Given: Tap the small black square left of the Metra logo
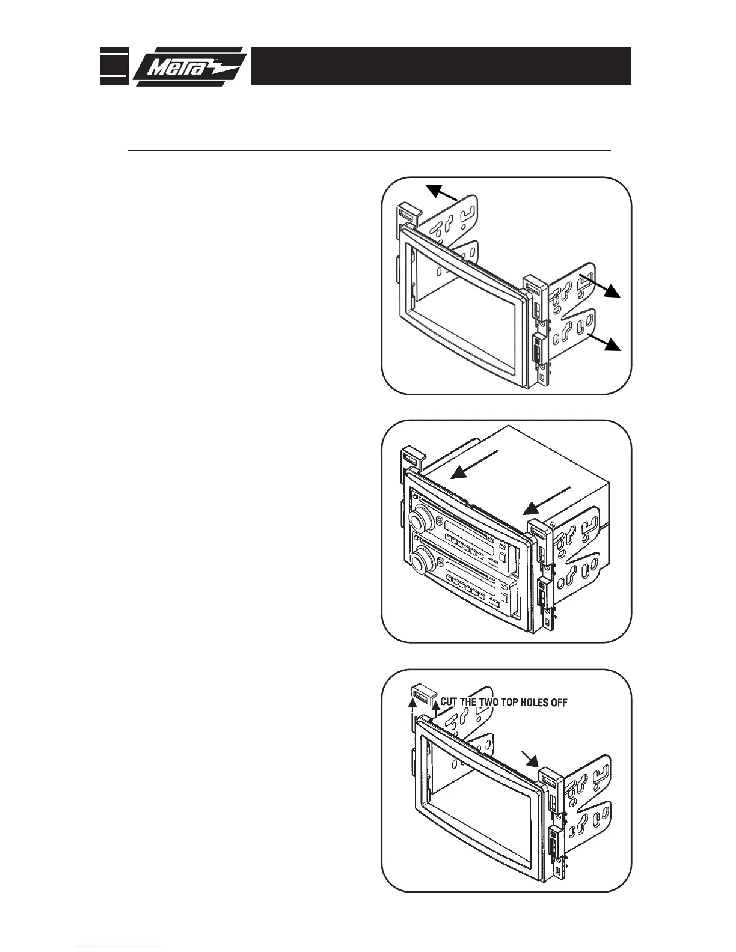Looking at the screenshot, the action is click(x=114, y=66).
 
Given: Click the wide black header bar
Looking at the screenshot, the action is click(x=441, y=66).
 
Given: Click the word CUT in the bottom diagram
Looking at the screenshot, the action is click(x=452, y=701).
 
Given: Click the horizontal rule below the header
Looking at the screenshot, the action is click(x=366, y=151).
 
